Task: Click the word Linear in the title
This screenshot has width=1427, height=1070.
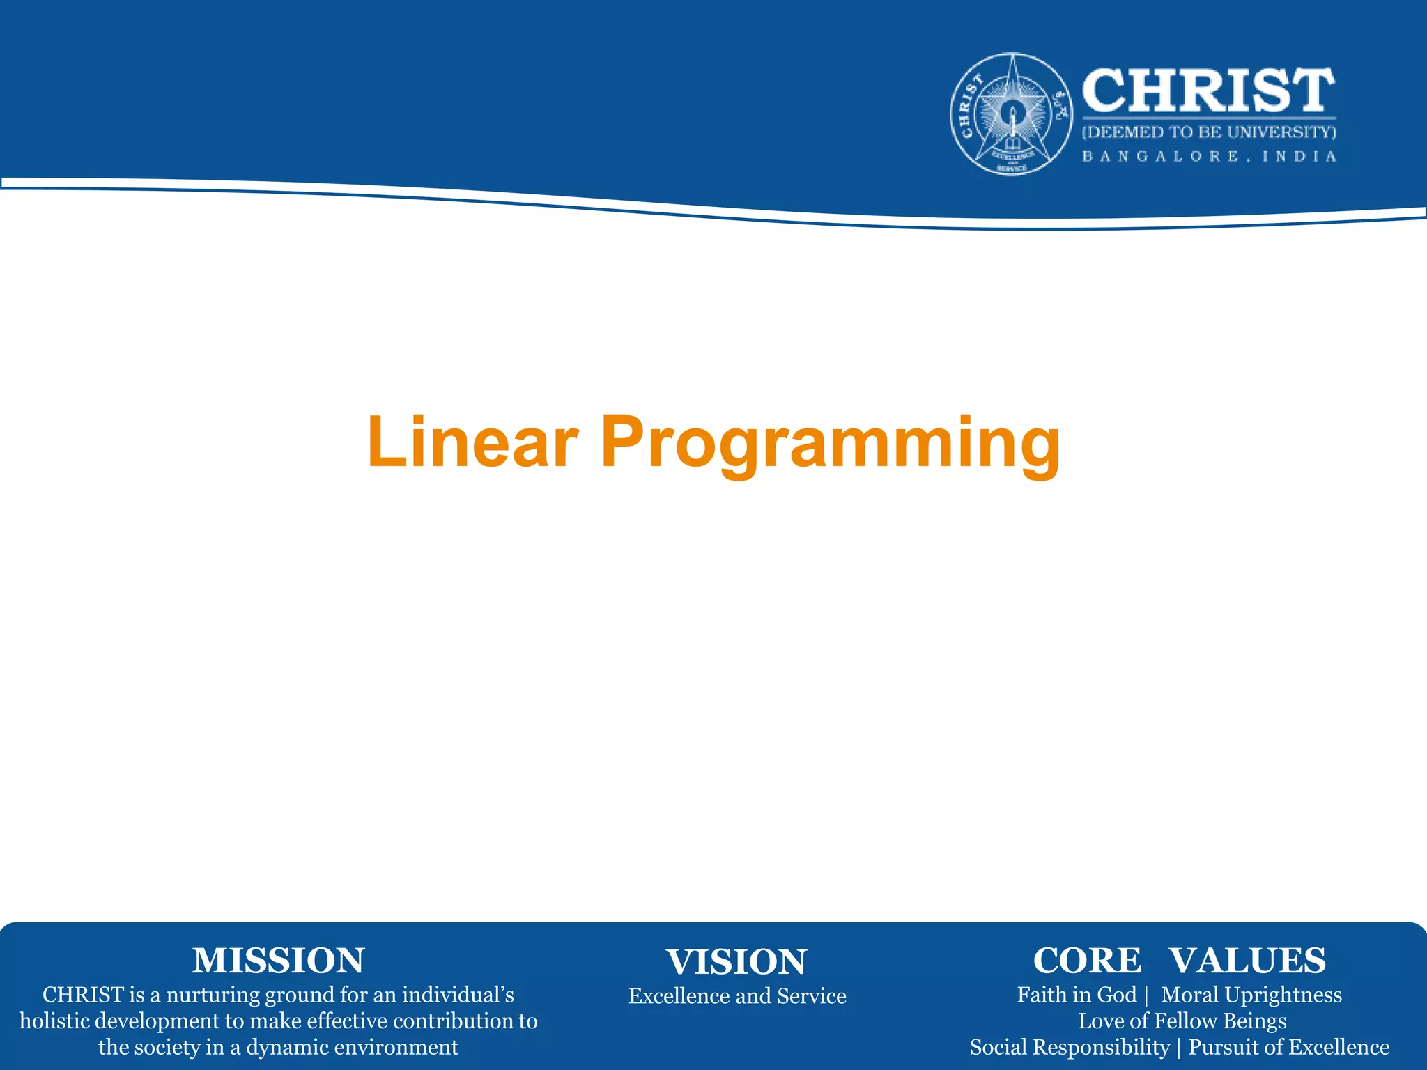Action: click(x=472, y=442)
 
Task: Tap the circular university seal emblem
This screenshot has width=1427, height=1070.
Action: click(x=1012, y=114)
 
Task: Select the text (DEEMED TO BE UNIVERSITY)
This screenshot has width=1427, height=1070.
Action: click(x=1208, y=132)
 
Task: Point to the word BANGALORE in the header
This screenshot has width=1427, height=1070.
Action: click(x=1161, y=157)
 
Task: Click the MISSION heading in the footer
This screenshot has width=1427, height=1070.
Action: click(x=278, y=961)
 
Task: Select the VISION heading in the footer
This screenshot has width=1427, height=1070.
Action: click(x=736, y=962)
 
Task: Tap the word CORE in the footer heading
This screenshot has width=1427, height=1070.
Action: click(x=1087, y=961)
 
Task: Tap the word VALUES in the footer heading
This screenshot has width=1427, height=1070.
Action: click(x=1247, y=961)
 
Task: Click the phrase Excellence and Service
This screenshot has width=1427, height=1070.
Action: click(x=737, y=996)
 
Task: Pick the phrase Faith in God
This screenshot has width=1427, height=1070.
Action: click(x=1077, y=995)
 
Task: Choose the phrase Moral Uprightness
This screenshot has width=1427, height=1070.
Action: click(x=1251, y=995)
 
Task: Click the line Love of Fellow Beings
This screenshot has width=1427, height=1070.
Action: click(x=1182, y=1021)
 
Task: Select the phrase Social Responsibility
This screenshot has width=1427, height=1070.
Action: click(x=1070, y=1048)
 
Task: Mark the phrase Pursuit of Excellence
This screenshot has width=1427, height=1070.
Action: click(x=1288, y=1048)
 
